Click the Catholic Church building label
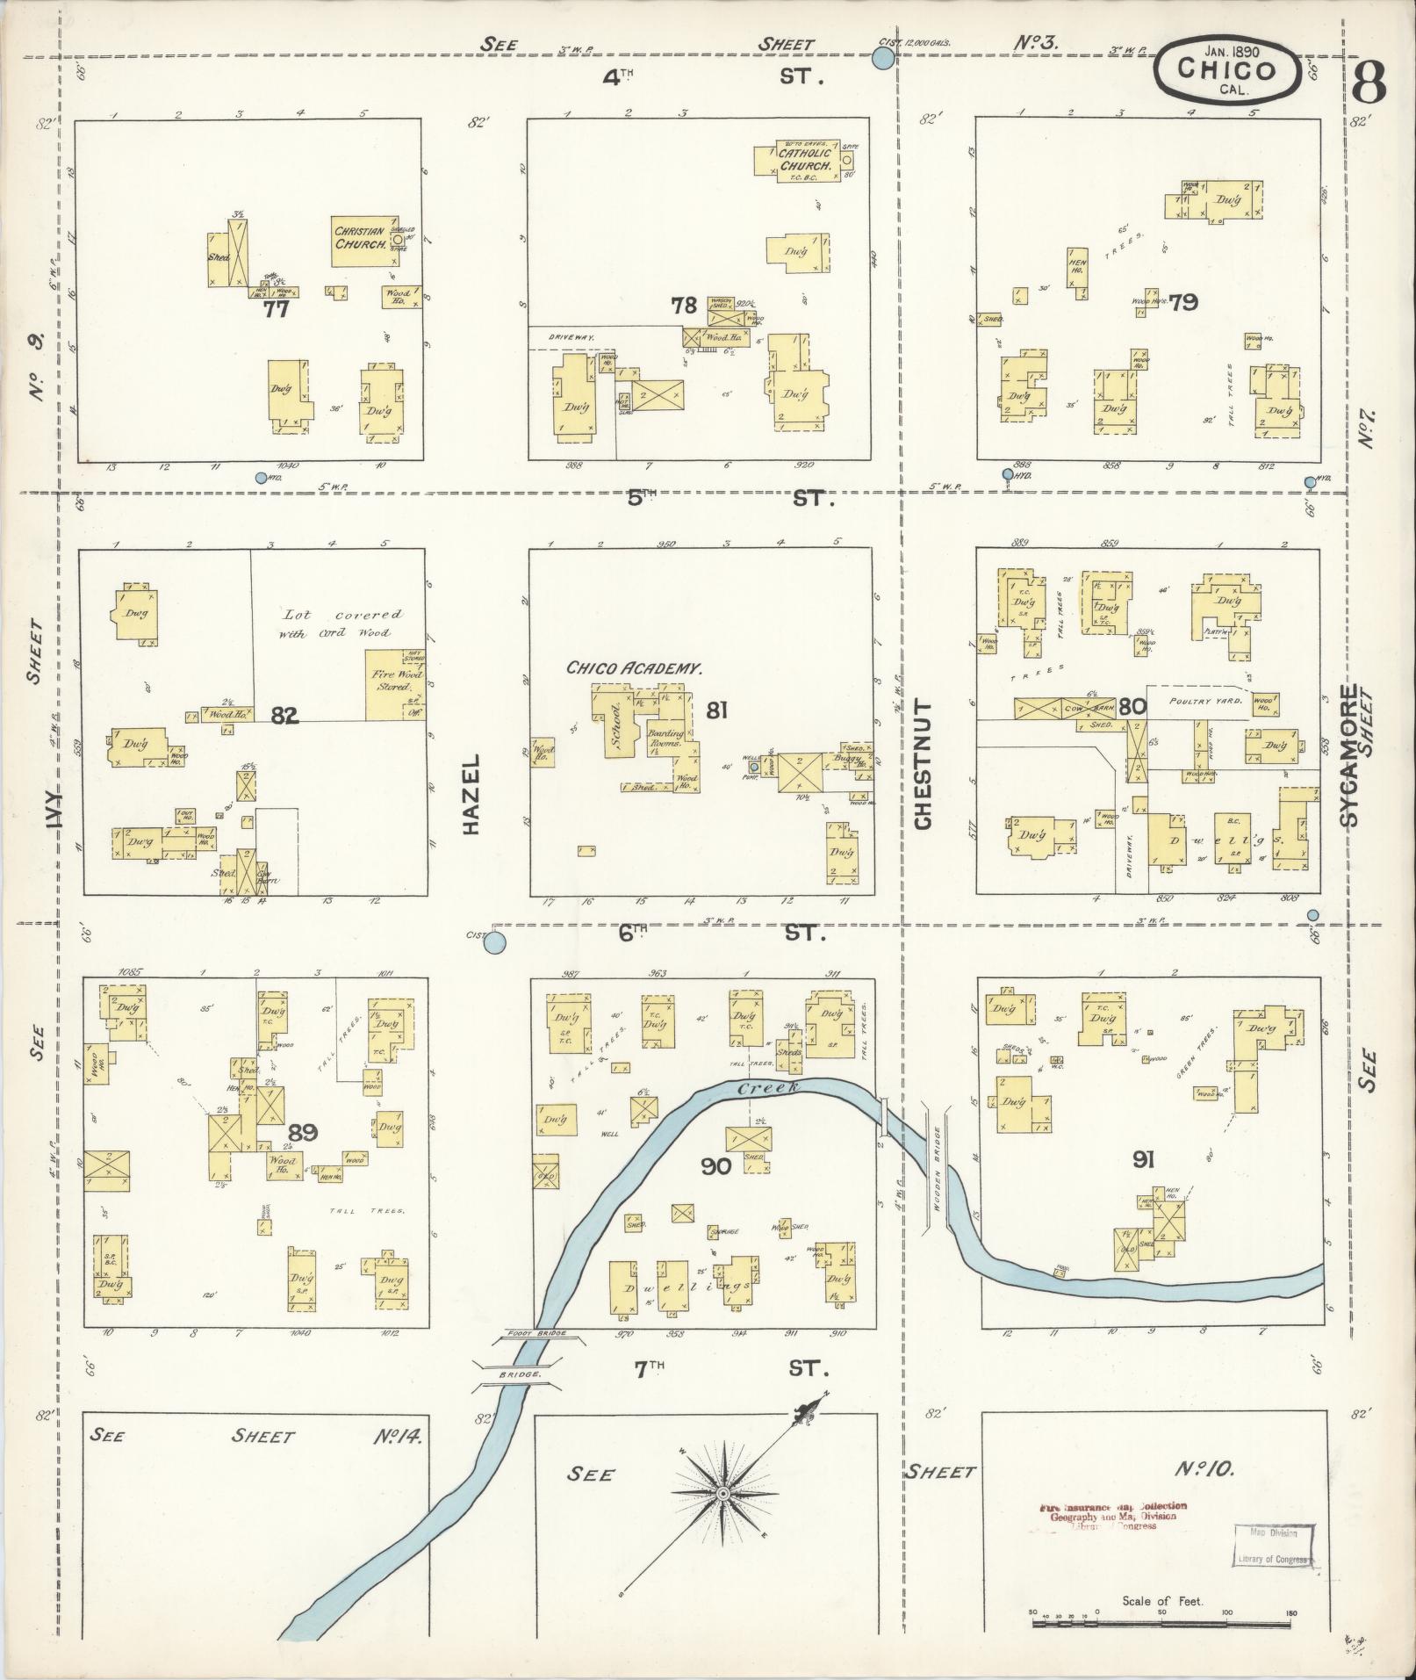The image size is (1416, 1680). (x=804, y=159)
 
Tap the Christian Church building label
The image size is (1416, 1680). (x=360, y=238)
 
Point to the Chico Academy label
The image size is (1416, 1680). (x=634, y=668)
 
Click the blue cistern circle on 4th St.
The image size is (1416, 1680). (x=883, y=60)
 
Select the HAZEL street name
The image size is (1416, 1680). (x=472, y=794)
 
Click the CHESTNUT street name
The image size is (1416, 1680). (x=922, y=764)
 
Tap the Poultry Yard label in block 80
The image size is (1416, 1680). (x=1205, y=702)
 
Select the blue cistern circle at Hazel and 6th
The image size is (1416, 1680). (x=496, y=944)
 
